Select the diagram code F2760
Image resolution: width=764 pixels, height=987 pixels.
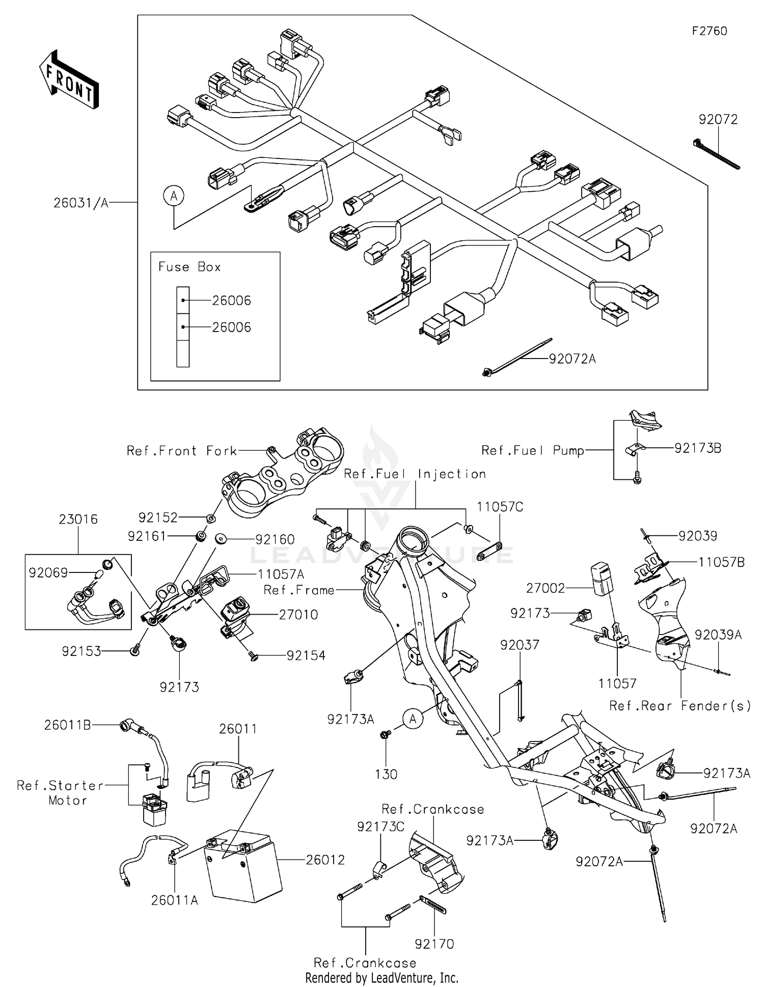tap(710, 31)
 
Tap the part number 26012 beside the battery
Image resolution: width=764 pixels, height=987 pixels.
tap(325, 860)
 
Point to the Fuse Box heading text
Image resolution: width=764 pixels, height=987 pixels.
tap(189, 267)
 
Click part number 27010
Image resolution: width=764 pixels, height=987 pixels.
tap(298, 615)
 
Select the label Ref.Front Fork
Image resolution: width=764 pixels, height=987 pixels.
tap(182, 451)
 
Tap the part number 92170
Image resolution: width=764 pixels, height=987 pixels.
tap(434, 944)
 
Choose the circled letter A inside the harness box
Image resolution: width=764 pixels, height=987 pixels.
tap(174, 196)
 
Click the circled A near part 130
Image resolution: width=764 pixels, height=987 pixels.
tap(413, 719)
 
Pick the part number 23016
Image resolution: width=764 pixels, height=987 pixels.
tap(78, 519)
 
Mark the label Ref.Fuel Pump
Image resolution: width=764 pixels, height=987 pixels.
tap(532, 450)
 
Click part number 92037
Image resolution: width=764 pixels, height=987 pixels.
tap(520, 645)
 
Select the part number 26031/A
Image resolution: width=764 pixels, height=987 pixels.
tap(81, 203)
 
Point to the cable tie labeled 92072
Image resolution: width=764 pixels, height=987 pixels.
tap(716, 153)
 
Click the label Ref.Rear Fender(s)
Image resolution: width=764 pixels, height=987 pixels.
tap(680, 705)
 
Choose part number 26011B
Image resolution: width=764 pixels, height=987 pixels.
tap(67, 725)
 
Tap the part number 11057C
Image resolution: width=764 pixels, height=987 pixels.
tap(500, 507)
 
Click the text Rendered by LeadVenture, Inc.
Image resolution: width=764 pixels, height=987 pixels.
tap(381, 978)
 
